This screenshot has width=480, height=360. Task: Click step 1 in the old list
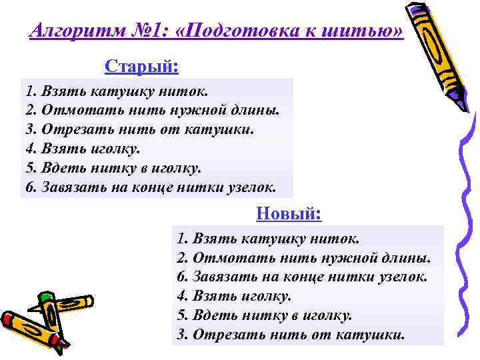coord(117,91)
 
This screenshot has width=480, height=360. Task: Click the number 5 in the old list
coord(29,167)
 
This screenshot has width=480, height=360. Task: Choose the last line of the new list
coord(291,334)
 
